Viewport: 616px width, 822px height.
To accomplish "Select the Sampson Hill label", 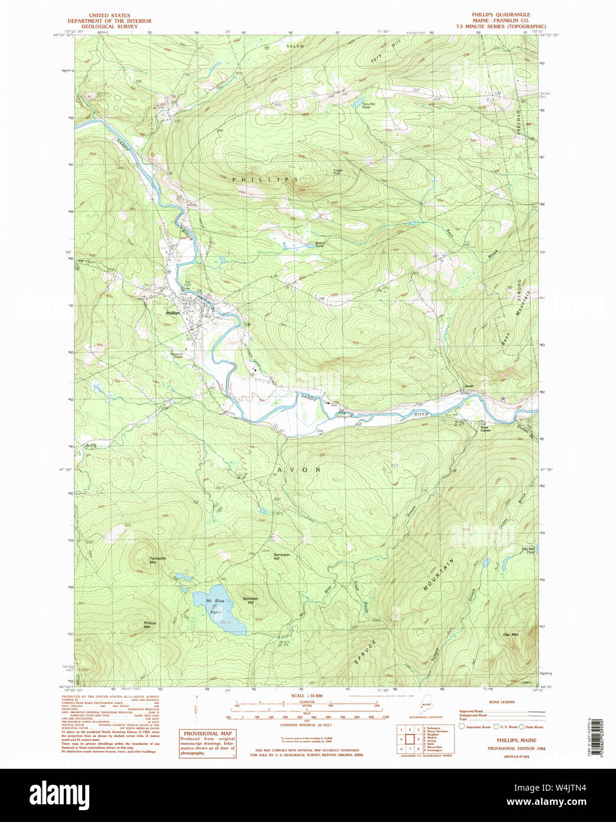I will click(x=281, y=556).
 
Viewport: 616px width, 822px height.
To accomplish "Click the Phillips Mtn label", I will click(x=150, y=624).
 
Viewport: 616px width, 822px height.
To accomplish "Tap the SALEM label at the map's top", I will click(x=295, y=46).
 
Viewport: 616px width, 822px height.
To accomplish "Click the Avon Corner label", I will click(x=485, y=428).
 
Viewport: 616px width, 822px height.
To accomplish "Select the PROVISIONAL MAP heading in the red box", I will click(x=208, y=734).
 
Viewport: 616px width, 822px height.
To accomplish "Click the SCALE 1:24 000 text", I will click(x=307, y=696).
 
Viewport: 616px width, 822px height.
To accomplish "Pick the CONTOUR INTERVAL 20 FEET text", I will click(x=306, y=724).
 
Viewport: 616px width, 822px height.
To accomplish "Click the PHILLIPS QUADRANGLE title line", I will click(x=501, y=15).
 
